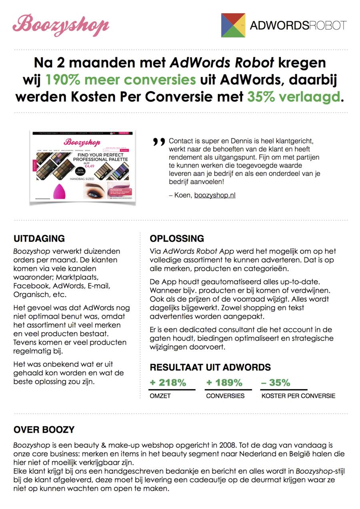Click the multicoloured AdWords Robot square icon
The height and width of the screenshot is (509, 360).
233,25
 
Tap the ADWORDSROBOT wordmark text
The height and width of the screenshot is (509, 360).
298,26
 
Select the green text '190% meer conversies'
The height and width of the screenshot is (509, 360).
120,80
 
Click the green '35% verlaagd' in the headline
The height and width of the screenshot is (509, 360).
295,96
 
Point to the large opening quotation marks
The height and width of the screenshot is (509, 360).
159,142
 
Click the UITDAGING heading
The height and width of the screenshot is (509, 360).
39,239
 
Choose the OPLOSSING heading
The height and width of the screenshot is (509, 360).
177,239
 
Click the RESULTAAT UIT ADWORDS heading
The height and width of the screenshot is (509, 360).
210,367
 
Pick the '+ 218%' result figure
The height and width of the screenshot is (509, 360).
168,383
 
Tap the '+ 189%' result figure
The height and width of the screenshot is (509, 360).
224,383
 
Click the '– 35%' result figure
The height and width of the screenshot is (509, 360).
276,383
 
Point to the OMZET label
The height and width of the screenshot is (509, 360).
160,396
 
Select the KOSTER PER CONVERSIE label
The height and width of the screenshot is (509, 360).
298,396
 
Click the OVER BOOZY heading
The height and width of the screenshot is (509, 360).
44,430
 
